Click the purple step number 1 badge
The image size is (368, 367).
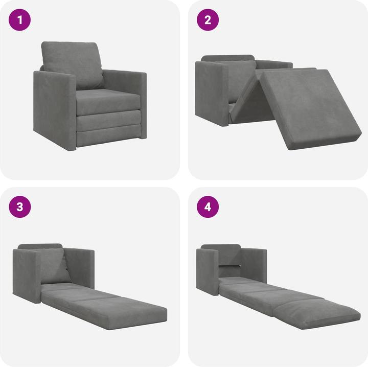click(x=20, y=20)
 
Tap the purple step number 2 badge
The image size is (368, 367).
click(x=208, y=20)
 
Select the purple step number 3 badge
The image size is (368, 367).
click(x=20, y=207)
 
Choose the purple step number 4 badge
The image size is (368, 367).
click(x=208, y=207)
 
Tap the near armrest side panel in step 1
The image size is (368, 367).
click(x=54, y=110)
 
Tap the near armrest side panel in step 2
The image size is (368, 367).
click(x=210, y=92)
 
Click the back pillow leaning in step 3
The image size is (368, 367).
click(x=55, y=266)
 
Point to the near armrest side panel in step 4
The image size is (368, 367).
click(x=208, y=271)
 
